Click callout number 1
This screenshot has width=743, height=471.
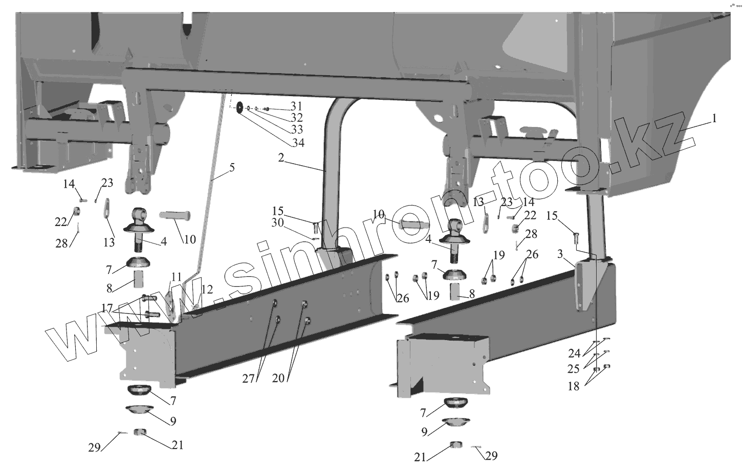point(713,119)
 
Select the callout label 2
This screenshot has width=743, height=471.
point(281,158)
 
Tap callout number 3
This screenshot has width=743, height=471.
point(560,254)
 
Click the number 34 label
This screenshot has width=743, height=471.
point(297,143)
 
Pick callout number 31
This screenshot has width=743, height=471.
point(296,106)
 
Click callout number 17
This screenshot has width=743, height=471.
point(107,308)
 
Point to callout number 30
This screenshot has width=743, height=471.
point(277,222)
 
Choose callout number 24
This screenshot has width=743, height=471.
point(574,353)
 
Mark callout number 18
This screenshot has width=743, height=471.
point(574,386)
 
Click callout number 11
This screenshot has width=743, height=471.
point(176,277)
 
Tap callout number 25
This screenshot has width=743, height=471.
point(574,369)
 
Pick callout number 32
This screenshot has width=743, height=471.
point(297,118)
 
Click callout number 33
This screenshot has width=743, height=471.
point(297,129)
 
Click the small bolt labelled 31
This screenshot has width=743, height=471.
point(267,109)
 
